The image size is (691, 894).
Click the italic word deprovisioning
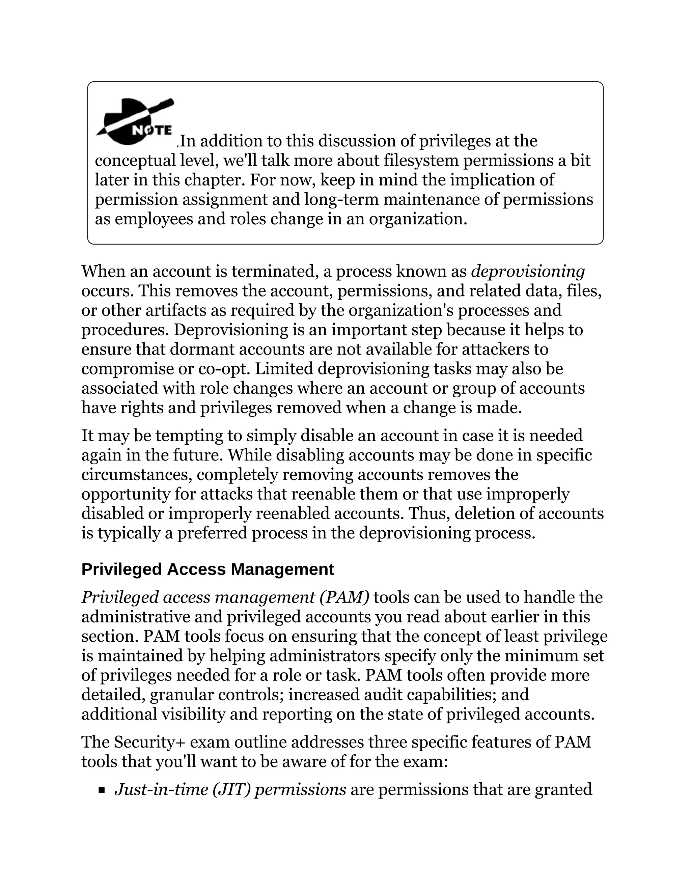(x=528, y=271)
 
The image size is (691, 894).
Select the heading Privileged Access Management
(x=208, y=569)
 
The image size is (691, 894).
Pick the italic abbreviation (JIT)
(x=231, y=789)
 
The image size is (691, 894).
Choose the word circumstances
(x=137, y=475)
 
